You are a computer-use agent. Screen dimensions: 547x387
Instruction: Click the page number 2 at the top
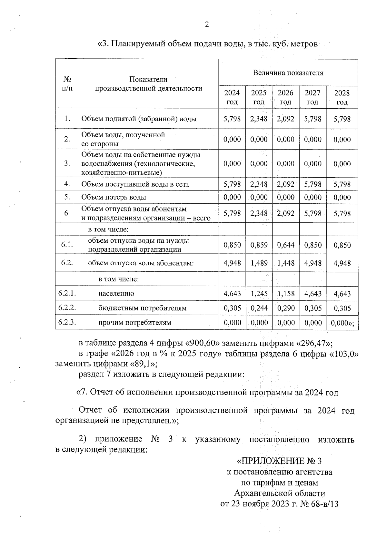[207, 24]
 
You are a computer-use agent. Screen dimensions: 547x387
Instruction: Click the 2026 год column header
[286, 97]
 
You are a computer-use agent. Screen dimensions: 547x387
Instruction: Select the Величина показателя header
[288, 73]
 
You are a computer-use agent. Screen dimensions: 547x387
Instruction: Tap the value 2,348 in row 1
[259, 119]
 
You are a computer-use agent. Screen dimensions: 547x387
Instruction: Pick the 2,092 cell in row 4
[286, 184]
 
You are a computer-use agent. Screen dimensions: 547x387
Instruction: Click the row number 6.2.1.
[67, 293]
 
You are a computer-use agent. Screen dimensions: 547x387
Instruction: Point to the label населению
[116, 294]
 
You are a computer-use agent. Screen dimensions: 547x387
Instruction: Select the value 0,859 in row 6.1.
[259, 245]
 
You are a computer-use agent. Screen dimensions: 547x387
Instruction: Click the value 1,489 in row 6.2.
[259, 263]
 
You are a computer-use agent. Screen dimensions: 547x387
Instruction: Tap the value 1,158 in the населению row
[286, 294]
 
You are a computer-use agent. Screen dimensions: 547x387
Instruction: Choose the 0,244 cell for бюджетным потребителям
[259, 308]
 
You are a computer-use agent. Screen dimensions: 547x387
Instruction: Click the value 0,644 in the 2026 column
[286, 245]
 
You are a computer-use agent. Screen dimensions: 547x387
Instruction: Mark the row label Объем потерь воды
[114, 197]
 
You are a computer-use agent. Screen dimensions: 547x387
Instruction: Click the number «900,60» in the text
[201, 342]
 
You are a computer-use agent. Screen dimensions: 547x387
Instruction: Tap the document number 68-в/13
[324, 504]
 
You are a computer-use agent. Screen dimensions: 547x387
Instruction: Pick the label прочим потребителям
[135, 323]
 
